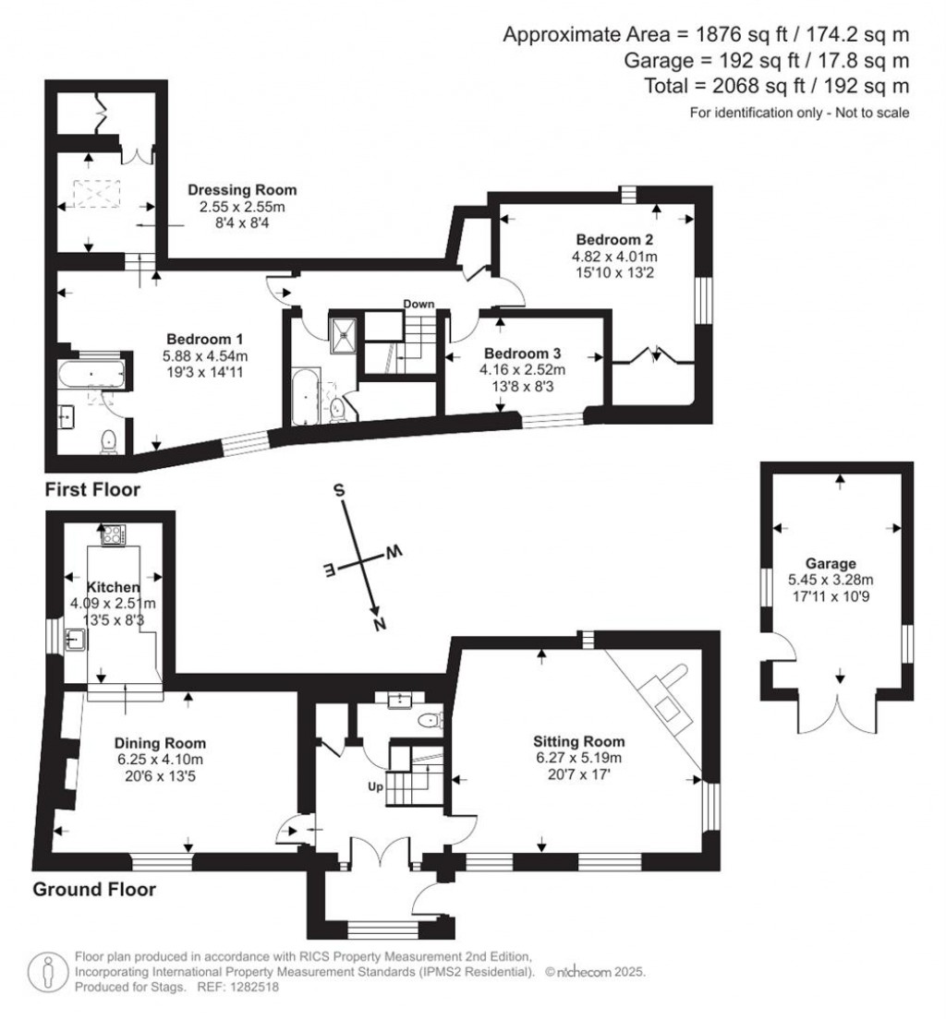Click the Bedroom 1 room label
coord(204,340)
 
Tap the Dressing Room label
coord(242,190)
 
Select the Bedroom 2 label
coord(614,239)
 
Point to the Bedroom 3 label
coord(523,354)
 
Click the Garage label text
coord(831,563)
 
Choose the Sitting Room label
coord(579,741)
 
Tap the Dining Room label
coord(160,743)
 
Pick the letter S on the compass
coord(338,490)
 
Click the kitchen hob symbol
coord(114,534)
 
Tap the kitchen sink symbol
coord(76,640)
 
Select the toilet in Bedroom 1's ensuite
coord(109,442)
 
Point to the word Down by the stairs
coord(418,305)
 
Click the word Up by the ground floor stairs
coord(375,787)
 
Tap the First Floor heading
coord(92,489)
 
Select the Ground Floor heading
coord(94,889)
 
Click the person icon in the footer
coord(47,972)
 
